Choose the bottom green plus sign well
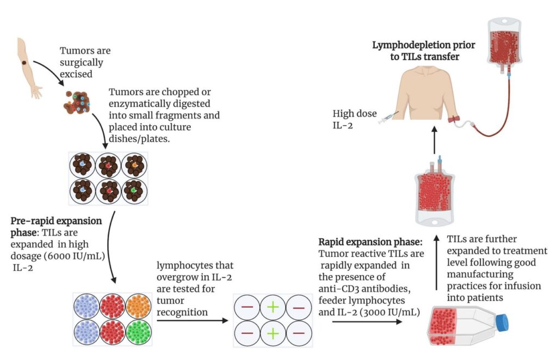click(273, 331)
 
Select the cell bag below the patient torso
click(435, 195)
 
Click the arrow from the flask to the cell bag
click(435, 261)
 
